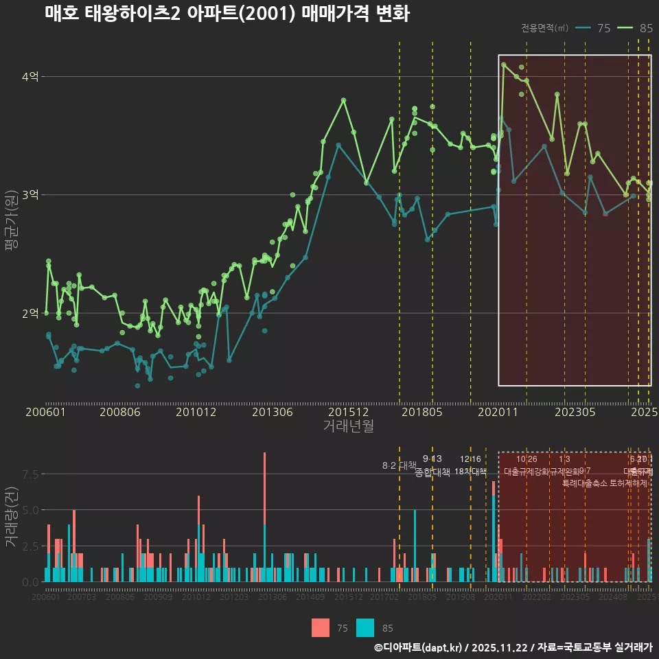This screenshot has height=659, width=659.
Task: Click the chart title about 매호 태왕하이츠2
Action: click(x=227, y=14)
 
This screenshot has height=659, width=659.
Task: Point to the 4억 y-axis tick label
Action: click(x=30, y=77)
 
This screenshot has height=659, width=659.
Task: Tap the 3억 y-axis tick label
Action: click(x=30, y=195)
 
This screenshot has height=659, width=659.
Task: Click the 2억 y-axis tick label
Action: click(x=30, y=313)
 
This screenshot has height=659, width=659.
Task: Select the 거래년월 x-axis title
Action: click(x=348, y=426)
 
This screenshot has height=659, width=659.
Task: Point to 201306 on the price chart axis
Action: click(x=273, y=412)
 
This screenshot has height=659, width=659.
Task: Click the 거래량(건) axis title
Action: click(x=11, y=516)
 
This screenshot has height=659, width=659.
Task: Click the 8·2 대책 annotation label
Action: click(x=400, y=465)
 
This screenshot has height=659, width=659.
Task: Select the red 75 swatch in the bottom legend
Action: click(x=321, y=627)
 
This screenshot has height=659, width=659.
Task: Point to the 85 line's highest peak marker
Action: click(x=504, y=65)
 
